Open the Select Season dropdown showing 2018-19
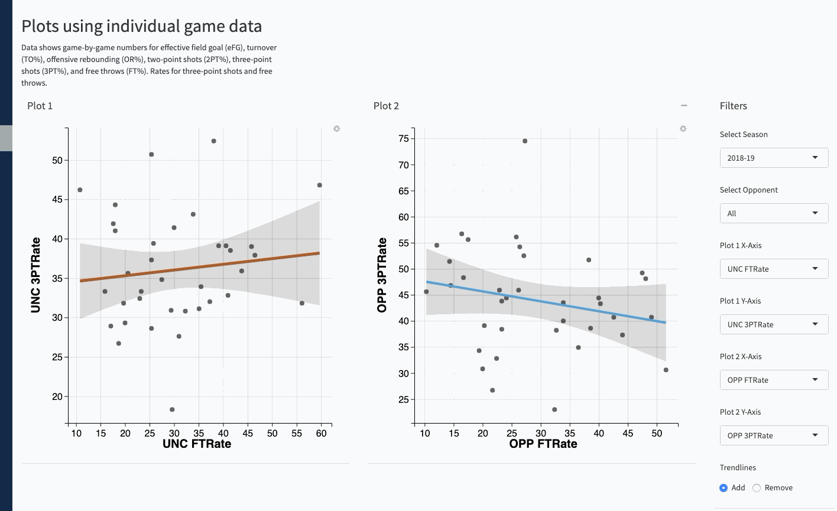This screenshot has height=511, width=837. [773, 158]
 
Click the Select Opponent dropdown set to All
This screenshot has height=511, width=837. [773, 213]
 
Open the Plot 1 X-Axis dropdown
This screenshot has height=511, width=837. [773, 269]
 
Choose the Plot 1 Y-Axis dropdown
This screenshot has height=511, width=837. [773, 324]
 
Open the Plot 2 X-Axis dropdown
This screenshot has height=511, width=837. [773, 380]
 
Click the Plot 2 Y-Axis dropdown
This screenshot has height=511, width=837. [773, 435]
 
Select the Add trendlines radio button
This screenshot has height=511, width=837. [724, 488]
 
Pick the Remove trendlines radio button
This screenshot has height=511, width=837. [757, 488]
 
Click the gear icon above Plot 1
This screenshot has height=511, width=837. [337, 129]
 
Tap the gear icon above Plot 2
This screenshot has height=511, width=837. [683, 129]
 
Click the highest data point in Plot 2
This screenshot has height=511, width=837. [525, 141]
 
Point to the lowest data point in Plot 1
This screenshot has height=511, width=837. [172, 409]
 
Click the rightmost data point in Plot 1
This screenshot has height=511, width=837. [320, 185]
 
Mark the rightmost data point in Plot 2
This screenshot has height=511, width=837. [666, 370]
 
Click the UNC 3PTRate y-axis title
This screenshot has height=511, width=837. [36, 275]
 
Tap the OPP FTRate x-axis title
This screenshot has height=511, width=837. [543, 444]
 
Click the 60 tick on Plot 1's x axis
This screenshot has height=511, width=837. [321, 433]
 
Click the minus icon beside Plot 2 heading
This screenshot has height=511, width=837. [684, 106]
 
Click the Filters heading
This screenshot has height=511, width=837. [734, 106]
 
